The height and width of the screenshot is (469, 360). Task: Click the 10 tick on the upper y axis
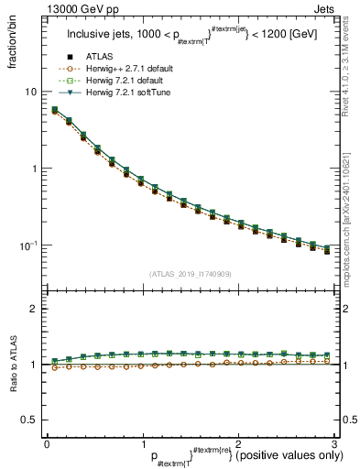tap(31, 93)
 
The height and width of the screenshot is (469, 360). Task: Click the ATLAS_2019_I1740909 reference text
tap(190, 274)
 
